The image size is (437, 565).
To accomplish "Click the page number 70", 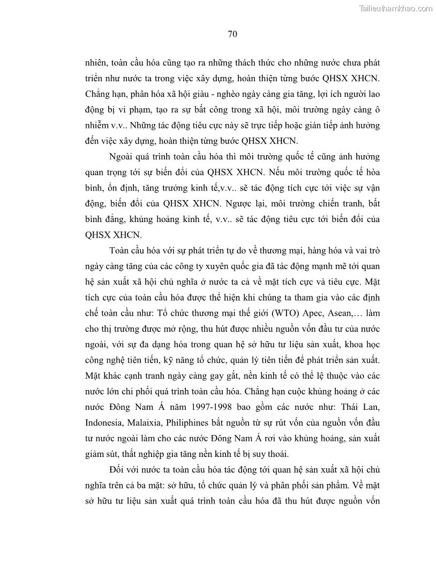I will [x=232, y=34].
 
